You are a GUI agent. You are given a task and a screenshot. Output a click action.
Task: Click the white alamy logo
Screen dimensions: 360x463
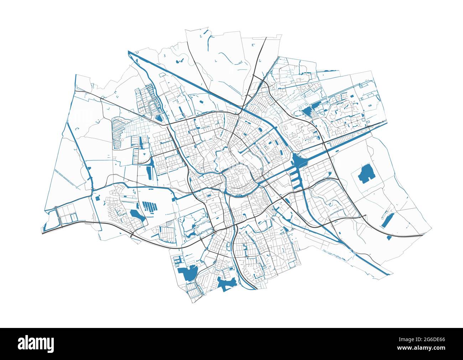(36, 344)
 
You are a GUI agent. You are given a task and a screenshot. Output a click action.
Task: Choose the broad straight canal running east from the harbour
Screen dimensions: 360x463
(342, 141)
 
